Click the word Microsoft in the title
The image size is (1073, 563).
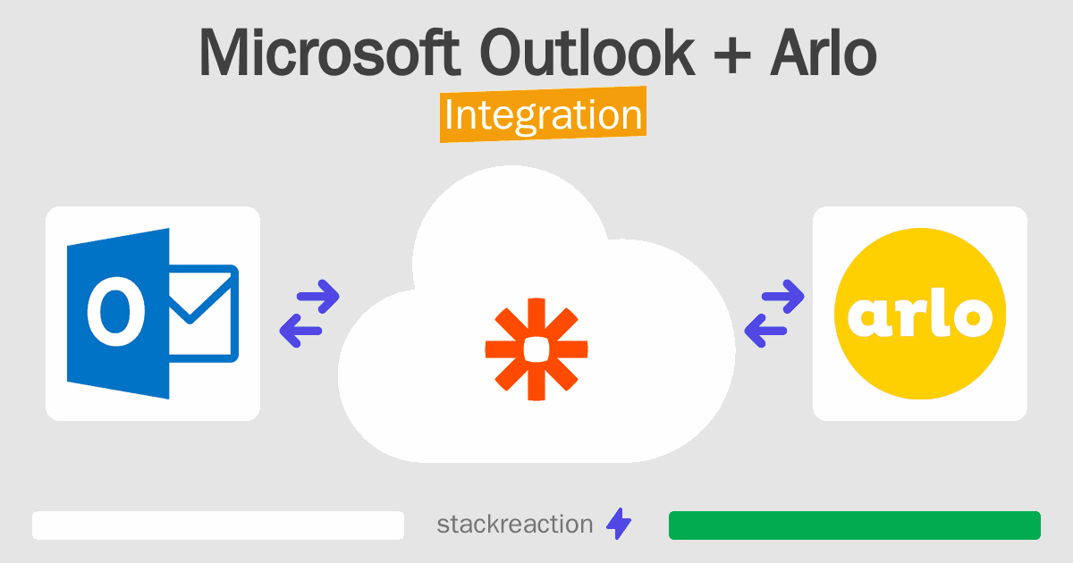pyautogui.click(x=330, y=52)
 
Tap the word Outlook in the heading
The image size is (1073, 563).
pyautogui.click(x=587, y=52)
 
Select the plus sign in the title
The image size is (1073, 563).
pyautogui.click(x=732, y=57)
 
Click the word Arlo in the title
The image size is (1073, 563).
pyautogui.click(x=824, y=52)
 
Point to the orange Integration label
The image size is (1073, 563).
pyautogui.click(x=544, y=114)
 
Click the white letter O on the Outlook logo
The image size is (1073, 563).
pyautogui.click(x=115, y=311)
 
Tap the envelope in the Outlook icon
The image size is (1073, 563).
pyautogui.click(x=204, y=313)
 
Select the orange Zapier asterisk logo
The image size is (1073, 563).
pyautogui.click(x=536, y=349)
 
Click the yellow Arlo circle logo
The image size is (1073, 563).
pyautogui.click(x=920, y=314)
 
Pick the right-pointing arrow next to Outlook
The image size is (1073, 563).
pyautogui.click(x=318, y=297)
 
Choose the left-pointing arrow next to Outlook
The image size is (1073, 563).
pyautogui.click(x=300, y=331)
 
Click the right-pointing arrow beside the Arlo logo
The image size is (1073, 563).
pyautogui.click(x=782, y=297)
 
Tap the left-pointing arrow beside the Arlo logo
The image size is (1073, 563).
pyautogui.click(x=765, y=331)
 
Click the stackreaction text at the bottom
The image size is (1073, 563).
pyautogui.click(x=515, y=525)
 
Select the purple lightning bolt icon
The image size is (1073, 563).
pyautogui.click(x=619, y=524)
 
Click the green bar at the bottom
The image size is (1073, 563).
pyautogui.click(x=855, y=525)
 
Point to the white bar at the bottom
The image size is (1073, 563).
pyautogui.click(x=218, y=525)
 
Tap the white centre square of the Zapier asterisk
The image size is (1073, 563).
pyautogui.click(x=536, y=349)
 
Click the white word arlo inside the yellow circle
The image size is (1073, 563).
pyautogui.click(x=920, y=313)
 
